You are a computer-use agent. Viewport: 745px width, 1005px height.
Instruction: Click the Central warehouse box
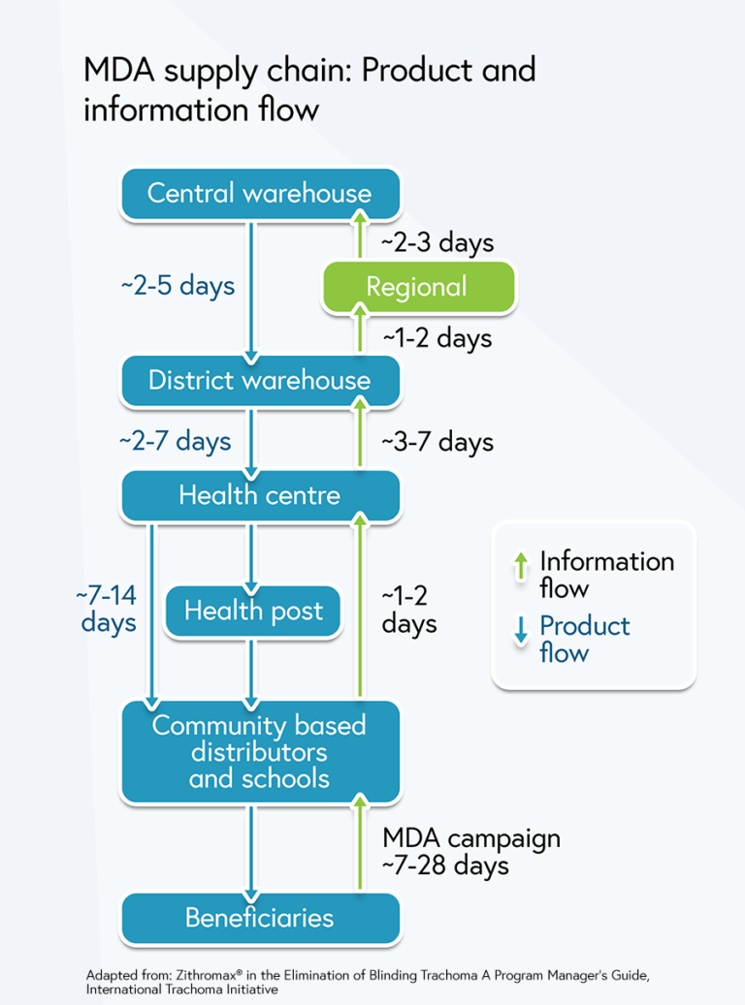259,193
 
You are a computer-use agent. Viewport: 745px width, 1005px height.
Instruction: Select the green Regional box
417,287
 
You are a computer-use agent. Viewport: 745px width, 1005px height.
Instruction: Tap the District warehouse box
259,380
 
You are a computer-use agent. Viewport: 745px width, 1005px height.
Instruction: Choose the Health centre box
259,495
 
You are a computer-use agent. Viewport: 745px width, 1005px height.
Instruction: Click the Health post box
253,612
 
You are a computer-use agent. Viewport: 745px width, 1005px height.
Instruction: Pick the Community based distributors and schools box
259,752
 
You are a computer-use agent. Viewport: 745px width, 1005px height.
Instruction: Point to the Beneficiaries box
259,917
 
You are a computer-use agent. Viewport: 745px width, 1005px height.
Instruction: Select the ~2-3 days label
437,242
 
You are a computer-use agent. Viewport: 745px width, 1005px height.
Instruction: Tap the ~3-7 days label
437,442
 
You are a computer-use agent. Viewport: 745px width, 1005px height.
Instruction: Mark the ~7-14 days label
108,607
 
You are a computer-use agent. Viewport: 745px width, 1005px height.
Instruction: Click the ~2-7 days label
176,441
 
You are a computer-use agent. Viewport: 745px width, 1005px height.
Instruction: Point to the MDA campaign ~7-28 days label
471,850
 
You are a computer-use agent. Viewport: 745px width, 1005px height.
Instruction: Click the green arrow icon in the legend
521,565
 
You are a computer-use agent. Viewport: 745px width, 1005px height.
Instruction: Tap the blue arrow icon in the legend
521,632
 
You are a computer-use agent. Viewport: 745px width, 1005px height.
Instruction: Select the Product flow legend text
584,639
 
